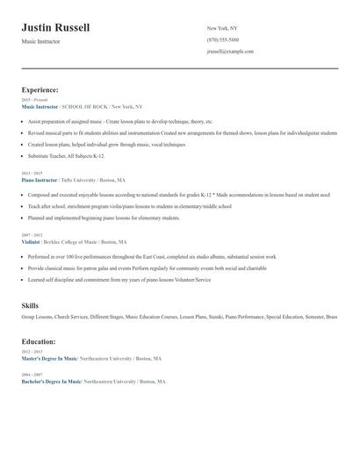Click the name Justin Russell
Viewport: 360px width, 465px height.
[55, 27]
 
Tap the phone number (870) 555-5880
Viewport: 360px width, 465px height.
[222, 39]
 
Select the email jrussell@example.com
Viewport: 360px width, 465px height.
[230, 51]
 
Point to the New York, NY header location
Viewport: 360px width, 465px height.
[221, 28]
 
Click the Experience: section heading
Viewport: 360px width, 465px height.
[40, 89]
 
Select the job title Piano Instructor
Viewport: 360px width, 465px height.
[39, 179]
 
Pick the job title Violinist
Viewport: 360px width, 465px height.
[31, 241]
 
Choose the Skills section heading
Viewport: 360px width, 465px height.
[29, 304]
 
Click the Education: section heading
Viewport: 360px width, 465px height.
[39, 341]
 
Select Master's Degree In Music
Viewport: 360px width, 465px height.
[49, 359]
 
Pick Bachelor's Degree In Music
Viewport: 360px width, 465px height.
[51, 382]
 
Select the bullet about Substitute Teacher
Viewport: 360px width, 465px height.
[66, 155]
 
